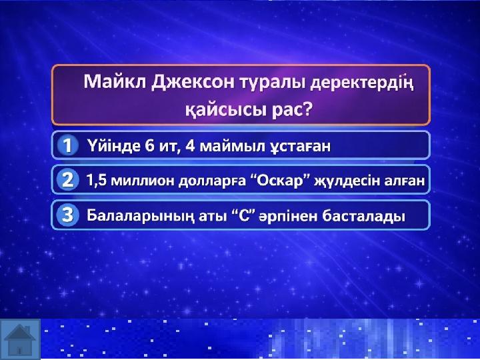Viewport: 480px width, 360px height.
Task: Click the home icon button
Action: (x=20, y=339)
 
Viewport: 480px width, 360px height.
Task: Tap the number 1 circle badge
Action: (x=67, y=145)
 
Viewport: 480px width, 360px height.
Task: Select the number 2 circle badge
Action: (x=67, y=180)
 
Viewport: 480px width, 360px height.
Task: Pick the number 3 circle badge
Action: (x=67, y=215)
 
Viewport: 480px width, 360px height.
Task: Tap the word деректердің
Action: (x=362, y=83)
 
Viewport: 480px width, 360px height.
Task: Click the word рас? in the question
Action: (x=291, y=109)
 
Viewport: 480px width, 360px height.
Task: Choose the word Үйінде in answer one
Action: (x=113, y=145)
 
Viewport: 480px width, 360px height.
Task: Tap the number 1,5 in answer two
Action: (x=97, y=180)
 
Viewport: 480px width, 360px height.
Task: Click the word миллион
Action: (x=143, y=181)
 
